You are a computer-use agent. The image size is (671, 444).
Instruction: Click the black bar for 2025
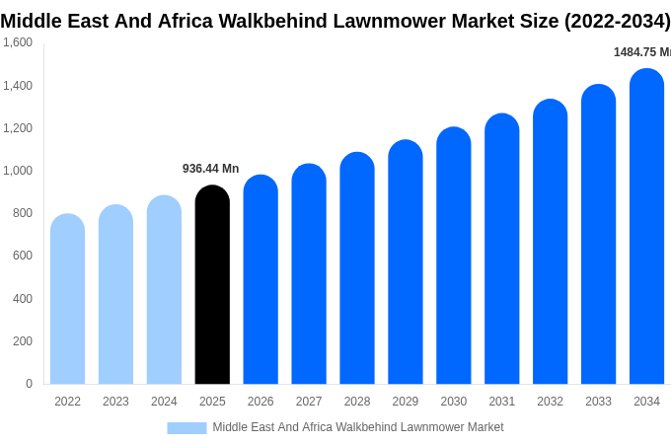pyautogui.click(x=212, y=284)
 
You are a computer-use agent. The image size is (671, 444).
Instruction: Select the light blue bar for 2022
pyautogui.click(x=68, y=299)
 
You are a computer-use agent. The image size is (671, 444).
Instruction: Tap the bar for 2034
pyautogui.click(x=646, y=226)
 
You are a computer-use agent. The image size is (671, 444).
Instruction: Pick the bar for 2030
pyautogui.click(x=454, y=256)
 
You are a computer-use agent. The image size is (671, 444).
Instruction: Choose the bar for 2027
pyautogui.click(x=309, y=273)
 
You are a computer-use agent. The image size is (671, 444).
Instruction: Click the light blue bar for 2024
pyautogui.click(x=164, y=289)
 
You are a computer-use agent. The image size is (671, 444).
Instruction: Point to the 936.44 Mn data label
pyautogui.click(x=210, y=169)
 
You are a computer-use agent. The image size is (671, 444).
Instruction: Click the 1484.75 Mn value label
pyautogui.click(x=642, y=52)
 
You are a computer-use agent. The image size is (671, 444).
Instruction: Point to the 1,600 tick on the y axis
pyautogui.click(x=18, y=42)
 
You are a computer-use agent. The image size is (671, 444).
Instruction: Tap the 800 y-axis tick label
pyautogui.click(x=23, y=213)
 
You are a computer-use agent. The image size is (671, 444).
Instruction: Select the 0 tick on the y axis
pyautogui.click(x=29, y=384)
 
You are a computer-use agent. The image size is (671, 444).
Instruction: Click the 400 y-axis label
pyautogui.click(x=23, y=299)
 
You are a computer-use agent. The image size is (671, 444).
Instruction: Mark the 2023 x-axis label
pyautogui.click(x=115, y=402)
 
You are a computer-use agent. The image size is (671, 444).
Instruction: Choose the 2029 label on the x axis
pyautogui.click(x=406, y=402)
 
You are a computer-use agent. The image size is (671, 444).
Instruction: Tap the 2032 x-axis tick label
pyautogui.click(x=550, y=402)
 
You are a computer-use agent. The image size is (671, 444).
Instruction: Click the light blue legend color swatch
pyautogui.click(x=186, y=428)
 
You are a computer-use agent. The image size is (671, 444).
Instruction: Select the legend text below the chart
pyautogui.click(x=358, y=427)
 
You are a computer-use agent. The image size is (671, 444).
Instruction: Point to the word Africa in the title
pyautogui.click(x=186, y=21)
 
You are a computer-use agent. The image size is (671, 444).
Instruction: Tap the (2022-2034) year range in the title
pyautogui.click(x=618, y=21)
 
